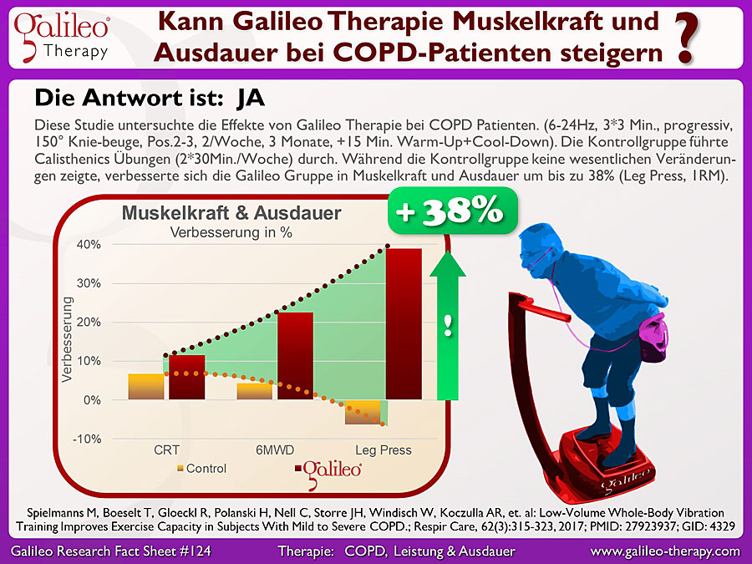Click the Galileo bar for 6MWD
click(295, 356)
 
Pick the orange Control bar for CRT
click(145, 387)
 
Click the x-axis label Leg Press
click(384, 450)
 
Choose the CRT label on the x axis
click(166, 450)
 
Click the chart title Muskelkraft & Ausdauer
click(231, 213)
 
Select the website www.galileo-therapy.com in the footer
click(665, 551)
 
